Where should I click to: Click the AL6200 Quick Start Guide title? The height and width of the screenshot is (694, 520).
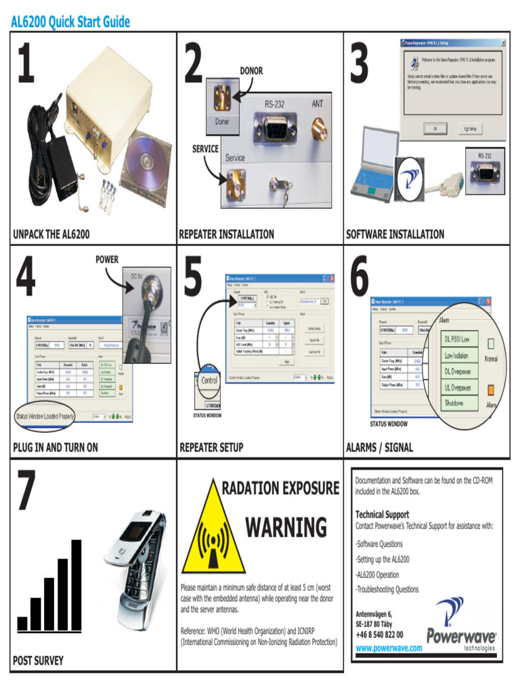[70, 22]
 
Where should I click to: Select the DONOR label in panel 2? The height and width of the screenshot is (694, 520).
[251, 70]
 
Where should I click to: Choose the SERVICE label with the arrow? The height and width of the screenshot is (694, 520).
[205, 148]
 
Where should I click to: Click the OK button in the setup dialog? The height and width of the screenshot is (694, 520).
[435, 127]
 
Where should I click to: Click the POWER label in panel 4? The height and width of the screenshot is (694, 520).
[106, 260]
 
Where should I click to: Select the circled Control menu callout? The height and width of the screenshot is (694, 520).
[209, 380]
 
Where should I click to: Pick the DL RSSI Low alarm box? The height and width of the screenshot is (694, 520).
[461, 338]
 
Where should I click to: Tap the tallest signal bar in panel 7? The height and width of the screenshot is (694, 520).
[77, 584]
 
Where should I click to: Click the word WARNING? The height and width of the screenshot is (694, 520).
[286, 527]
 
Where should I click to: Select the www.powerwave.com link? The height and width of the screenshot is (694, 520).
[389, 648]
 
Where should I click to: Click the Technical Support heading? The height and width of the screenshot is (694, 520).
[383, 514]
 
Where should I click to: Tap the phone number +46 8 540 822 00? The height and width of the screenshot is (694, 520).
[379, 635]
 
